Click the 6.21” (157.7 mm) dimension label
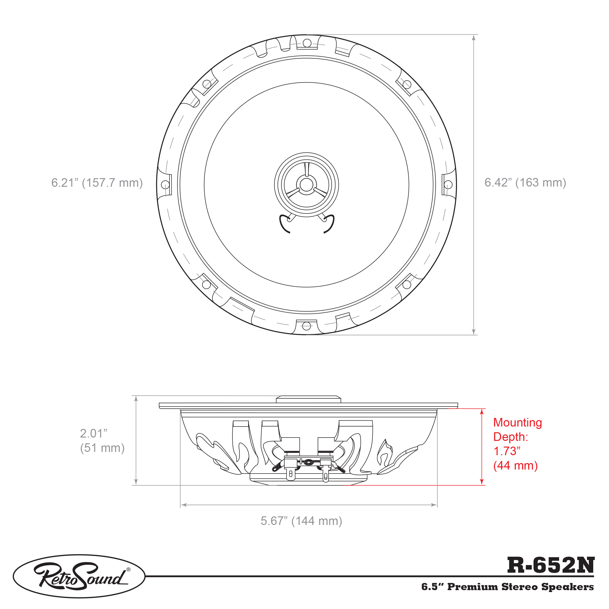tap(97, 183)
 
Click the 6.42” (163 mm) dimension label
tap(525, 182)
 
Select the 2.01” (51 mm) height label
tap(102, 440)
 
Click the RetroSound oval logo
tap(79, 576)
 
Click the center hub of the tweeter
tap(306, 184)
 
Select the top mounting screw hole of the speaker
tap(307, 43)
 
